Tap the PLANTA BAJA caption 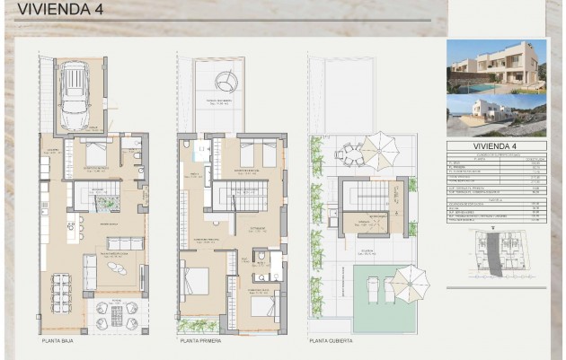(x=61, y=341)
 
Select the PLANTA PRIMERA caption (x=201, y=341)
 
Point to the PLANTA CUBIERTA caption (x=331, y=341)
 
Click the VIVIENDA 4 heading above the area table (x=496, y=146)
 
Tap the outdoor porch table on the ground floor (x=117, y=315)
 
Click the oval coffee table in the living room (x=118, y=267)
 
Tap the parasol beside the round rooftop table (x=380, y=150)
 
